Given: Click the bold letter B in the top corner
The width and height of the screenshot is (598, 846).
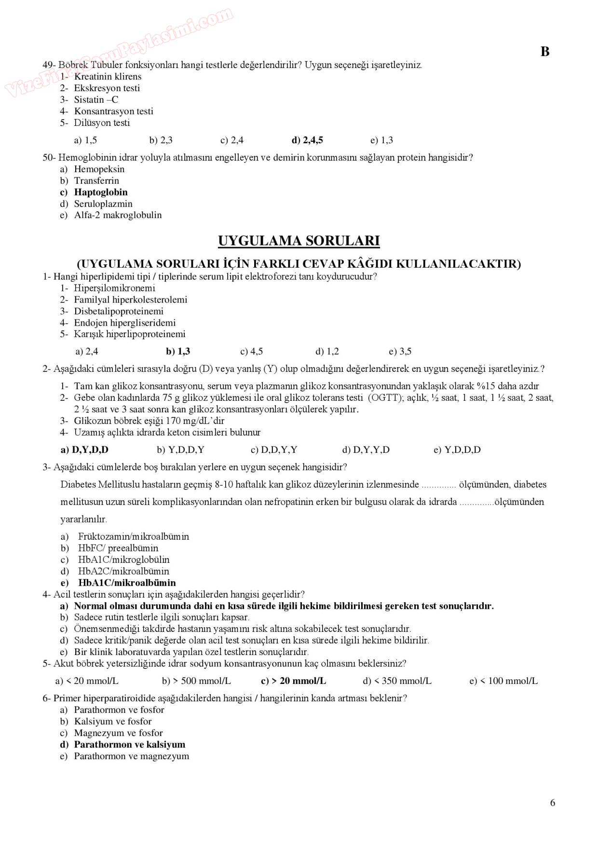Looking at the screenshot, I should point(545,52).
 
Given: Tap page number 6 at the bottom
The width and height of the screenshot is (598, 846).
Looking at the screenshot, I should point(552,803).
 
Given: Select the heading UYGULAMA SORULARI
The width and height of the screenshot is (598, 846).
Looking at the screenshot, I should point(299,241).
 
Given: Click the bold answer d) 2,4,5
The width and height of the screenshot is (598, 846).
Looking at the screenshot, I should point(307,140).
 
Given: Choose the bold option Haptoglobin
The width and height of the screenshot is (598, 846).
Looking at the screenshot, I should point(100,192).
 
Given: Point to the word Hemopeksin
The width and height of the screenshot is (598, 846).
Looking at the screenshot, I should point(99,169).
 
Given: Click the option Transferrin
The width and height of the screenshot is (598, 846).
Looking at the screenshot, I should point(96,181).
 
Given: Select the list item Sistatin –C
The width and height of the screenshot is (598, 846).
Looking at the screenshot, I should point(96,100).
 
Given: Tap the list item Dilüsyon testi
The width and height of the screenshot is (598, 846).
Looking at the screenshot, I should point(102,123).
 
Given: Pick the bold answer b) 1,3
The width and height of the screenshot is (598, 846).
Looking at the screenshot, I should point(178,352).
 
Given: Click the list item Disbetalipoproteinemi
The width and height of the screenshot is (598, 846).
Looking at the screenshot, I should point(119,311).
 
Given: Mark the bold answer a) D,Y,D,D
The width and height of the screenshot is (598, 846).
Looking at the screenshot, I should point(84,450).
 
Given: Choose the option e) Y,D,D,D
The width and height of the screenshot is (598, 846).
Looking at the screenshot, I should point(457,450).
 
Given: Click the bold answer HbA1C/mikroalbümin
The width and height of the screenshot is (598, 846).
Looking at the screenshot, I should point(127,583).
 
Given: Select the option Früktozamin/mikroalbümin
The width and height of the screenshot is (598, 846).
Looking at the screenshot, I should point(134,536).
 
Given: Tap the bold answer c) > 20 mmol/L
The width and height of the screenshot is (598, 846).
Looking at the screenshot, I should point(293,681).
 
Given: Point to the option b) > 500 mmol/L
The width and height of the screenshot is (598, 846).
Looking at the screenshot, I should point(196,681).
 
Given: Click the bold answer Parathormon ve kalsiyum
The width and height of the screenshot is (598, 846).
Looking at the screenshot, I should point(129,745).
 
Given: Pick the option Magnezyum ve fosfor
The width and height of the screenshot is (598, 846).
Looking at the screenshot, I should point(118,733).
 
